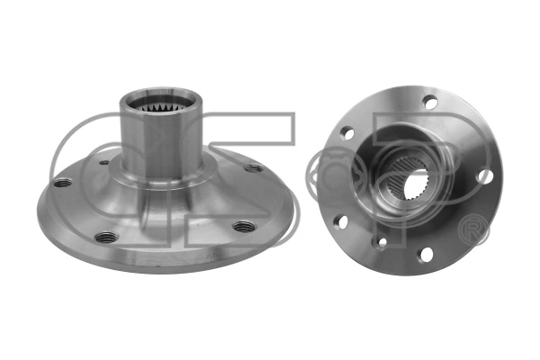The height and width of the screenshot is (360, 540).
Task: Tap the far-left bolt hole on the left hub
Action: point(61,184)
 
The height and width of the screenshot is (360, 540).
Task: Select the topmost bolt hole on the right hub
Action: point(430,103)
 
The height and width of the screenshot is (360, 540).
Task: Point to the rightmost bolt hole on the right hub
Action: point(485,176)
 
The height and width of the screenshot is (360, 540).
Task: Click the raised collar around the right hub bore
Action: point(396,180)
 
